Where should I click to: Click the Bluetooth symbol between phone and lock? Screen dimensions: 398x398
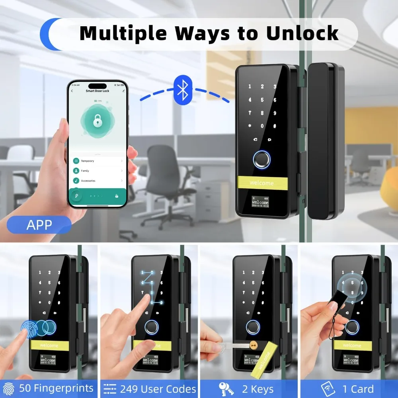click(182, 90)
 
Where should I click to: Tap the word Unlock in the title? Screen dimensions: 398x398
click(302, 33)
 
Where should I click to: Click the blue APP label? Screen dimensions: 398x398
click(39, 225)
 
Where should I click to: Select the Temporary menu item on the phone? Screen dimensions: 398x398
click(88, 161)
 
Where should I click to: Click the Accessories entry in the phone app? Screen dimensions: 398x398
click(88, 181)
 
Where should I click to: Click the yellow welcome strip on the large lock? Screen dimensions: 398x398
click(261, 183)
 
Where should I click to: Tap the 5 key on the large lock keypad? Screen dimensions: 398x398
click(262, 100)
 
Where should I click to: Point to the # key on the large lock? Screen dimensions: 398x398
click(275, 126)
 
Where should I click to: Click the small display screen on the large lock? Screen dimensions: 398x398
click(261, 201)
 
